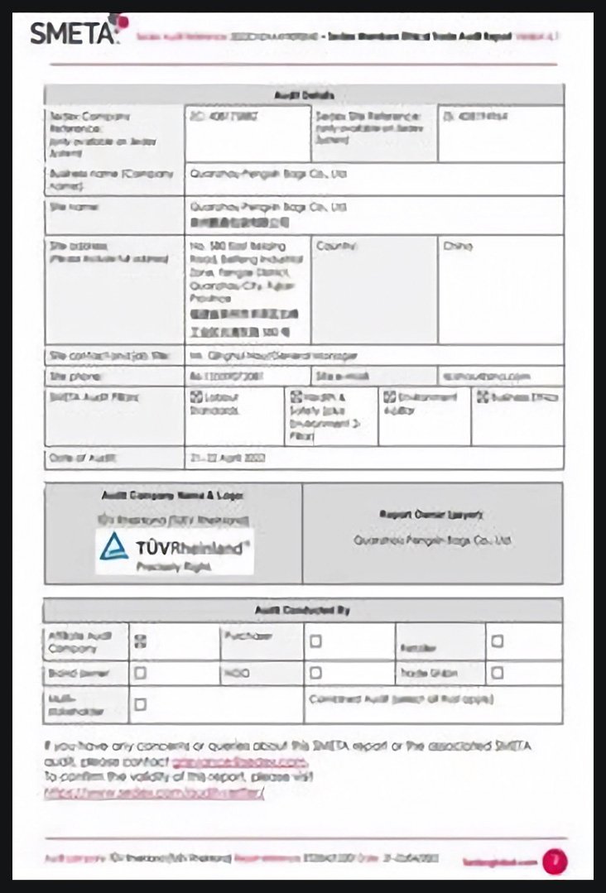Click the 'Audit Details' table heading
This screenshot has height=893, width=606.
coord(304,95)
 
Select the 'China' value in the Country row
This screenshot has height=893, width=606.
coord(458,246)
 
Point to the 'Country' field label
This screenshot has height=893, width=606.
coord(336,246)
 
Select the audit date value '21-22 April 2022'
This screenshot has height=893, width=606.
coord(228,458)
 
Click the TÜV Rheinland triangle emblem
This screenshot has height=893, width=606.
coord(114,546)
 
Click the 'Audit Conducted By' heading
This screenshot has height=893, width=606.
coord(303,610)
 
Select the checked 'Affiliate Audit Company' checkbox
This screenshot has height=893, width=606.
coord(141,640)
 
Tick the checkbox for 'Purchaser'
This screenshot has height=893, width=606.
coord(315,641)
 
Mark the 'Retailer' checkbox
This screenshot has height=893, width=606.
coord(497,641)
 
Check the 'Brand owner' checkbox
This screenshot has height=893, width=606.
coord(141,673)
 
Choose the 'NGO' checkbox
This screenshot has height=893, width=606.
coord(315,673)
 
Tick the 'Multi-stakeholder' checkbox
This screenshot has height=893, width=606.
coord(141,704)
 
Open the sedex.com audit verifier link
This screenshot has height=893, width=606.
coord(156,793)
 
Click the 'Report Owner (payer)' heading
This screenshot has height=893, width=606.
coord(432,514)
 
